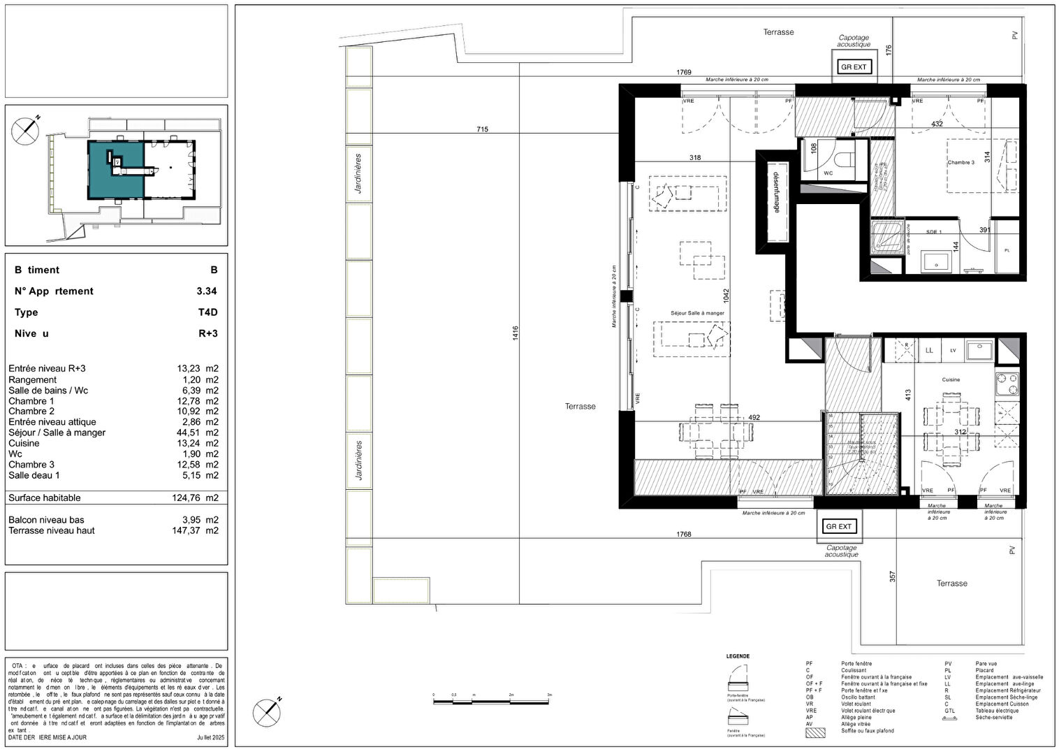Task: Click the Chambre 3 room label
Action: click(961, 162)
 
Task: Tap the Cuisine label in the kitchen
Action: click(951, 379)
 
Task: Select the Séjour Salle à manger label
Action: click(697, 313)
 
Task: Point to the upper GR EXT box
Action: click(854, 67)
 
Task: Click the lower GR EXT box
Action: click(839, 526)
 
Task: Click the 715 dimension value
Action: click(482, 129)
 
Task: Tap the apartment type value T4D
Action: click(207, 312)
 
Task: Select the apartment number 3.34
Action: click(206, 291)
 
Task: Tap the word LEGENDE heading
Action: click(738, 656)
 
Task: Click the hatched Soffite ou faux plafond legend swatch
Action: click(815, 732)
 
